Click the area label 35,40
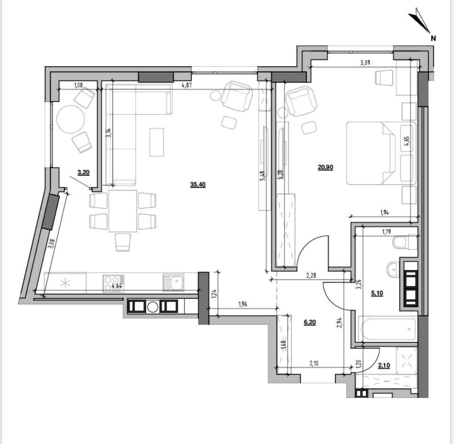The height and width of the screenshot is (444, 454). [x=198, y=185]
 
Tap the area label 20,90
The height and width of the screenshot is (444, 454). [x=325, y=167]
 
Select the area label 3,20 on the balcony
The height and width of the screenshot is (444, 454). [x=83, y=172]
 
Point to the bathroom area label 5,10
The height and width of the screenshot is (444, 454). [x=377, y=293]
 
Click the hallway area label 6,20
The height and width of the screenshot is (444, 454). [x=310, y=322]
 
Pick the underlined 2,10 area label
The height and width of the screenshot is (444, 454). [x=384, y=366]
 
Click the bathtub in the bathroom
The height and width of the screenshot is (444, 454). [x=388, y=329]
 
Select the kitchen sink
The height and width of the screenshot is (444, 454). [x=173, y=282]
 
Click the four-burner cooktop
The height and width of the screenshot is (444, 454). [x=113, y=283]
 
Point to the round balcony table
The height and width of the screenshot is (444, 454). [x=71, y=119]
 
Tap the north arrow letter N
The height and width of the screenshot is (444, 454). [x=433, y=38]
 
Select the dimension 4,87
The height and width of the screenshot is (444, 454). [x=186, y=85]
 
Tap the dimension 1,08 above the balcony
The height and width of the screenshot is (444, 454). [x=78, y=85]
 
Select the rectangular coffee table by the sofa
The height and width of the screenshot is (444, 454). [x=157, y=142]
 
